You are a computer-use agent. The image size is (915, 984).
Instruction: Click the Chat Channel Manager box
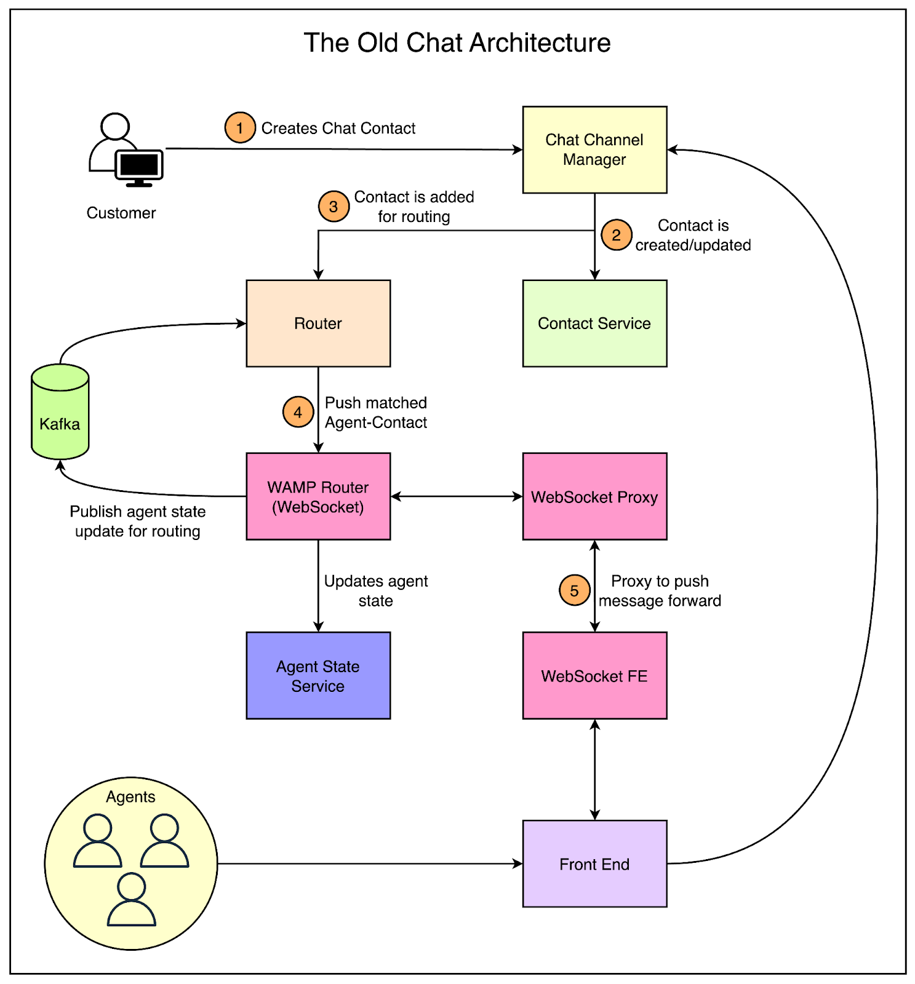pos(594,149)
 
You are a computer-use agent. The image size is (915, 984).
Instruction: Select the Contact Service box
pos(594,323)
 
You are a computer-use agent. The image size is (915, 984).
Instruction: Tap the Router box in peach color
pos(318,323)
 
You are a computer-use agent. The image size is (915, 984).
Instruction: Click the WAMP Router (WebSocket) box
pos(318,496)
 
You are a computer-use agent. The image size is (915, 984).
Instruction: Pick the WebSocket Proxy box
pos(594,496)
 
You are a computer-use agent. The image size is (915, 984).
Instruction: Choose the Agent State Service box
pos(318,675)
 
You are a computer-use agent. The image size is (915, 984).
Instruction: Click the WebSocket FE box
pos(594,675)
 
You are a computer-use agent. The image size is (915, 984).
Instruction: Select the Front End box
pos(594,863)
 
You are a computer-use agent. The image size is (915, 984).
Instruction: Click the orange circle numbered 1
pos(240,128)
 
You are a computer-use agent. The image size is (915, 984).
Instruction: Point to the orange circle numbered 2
pos(616,235)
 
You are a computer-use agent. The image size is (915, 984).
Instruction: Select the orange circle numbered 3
pos(334,207)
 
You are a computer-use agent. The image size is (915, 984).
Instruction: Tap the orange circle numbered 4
pos(298,412)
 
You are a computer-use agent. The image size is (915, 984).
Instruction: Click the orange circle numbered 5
pos(574,590)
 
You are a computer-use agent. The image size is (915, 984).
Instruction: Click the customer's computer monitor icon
pos(140,166)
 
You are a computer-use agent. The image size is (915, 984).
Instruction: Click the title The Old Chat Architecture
pos(457,43)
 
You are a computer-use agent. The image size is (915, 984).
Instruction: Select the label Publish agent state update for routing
pos(137,521)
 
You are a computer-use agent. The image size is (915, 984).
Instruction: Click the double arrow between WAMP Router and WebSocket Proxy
pos(457,496)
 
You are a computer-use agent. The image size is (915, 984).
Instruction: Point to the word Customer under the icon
pos(121,213)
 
